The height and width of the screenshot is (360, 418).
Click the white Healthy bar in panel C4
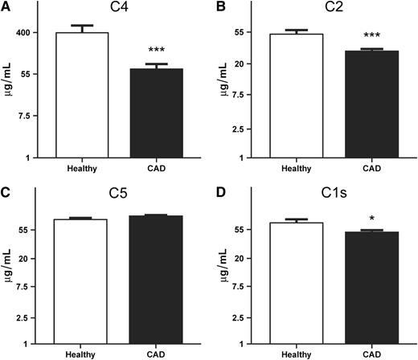point(81,95)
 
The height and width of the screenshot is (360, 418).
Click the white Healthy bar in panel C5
point(81,281)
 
